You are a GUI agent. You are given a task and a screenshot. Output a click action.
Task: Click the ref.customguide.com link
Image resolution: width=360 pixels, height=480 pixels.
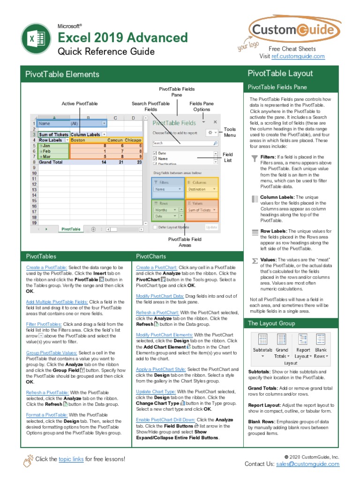(x=298, y=56)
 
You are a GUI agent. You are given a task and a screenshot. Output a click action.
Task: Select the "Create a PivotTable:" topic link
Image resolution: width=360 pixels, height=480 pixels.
(x=47, y=267)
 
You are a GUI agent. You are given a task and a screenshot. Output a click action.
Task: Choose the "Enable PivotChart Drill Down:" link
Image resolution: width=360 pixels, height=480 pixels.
(x=165, y=420)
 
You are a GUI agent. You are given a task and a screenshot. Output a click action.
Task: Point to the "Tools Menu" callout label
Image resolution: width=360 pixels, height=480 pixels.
(x=230, y=132)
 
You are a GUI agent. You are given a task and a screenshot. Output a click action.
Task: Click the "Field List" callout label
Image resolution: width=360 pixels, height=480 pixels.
(x=228, y=157)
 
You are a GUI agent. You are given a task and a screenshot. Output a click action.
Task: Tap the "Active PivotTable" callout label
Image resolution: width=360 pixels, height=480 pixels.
(x=80, y=104)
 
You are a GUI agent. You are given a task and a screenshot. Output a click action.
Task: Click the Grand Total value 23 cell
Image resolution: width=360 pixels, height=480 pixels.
(x=139, y=162)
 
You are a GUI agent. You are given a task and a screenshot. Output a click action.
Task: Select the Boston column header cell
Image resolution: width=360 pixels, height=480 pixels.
(x=78, y=140)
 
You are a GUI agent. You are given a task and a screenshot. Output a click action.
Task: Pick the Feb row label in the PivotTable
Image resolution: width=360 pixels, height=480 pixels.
(x=47, y=151)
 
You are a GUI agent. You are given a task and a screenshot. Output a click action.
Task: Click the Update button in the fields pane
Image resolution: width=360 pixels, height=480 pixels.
(x=211, y=227)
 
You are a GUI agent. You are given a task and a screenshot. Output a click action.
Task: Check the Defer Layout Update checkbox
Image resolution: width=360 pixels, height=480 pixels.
(x=156, y=227)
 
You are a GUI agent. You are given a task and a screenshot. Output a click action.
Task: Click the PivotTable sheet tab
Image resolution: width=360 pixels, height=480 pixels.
(x=71, y=229)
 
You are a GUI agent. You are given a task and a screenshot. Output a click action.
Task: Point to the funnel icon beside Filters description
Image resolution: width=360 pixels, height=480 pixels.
(x=255, y=158)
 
